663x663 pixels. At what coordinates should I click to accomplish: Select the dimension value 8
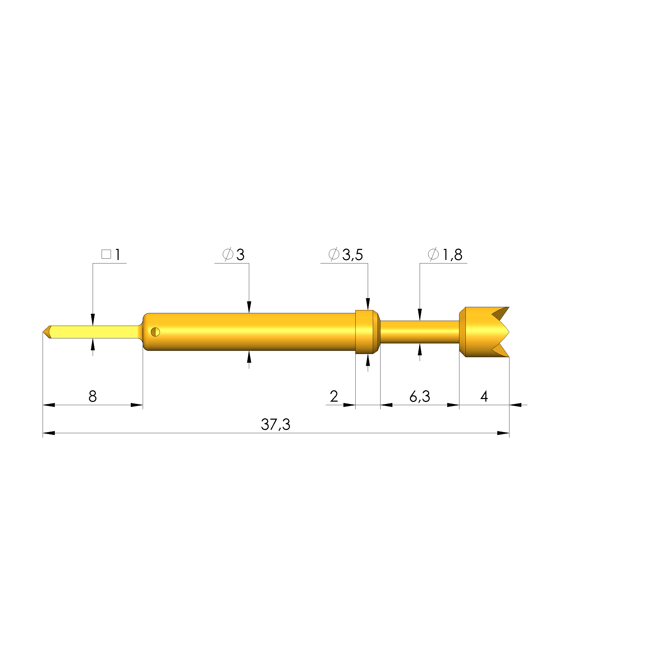[x=93, y=396]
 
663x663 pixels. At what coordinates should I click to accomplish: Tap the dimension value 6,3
[x=419, y=396]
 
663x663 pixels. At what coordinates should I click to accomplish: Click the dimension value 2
[x=334, y=396]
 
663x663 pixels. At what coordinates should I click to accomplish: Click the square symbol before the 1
[x=106, y=254]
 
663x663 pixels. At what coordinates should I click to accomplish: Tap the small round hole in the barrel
[x=155, y=332]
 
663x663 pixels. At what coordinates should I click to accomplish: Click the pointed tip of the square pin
[x=43, y=332]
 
